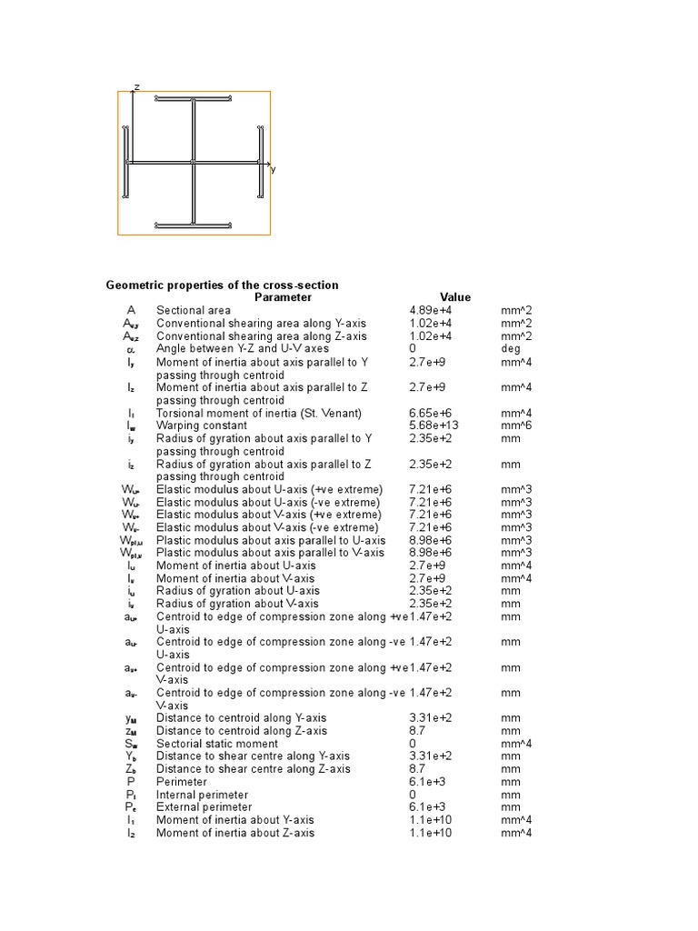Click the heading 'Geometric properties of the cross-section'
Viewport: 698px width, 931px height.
[x=222, y=285]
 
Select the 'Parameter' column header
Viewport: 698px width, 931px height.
[x=283, y=297]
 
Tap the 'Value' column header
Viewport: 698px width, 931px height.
[x=455, y=297]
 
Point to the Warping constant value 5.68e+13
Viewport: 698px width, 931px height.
[x=432, y=425]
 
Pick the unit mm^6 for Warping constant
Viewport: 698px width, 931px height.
[x=515, y=425]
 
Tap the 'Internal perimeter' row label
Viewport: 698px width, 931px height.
[x=202, y=795]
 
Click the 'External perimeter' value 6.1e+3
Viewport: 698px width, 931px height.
[x=425, y=807]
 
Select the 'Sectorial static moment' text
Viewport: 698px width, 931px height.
[x=214, y=743]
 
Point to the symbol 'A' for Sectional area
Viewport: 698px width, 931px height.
[x=131, y=310]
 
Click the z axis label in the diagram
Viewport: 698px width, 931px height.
[x=136, y=86]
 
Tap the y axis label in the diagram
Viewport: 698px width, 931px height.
[x=273, y=169]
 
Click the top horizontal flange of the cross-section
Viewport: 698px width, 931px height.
[x=194, y=98]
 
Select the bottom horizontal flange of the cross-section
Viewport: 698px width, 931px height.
[x=194, y=224]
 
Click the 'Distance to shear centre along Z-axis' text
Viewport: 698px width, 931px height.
[x=253, y=768]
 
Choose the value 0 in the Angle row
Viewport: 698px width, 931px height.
[x=413, y=348]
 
